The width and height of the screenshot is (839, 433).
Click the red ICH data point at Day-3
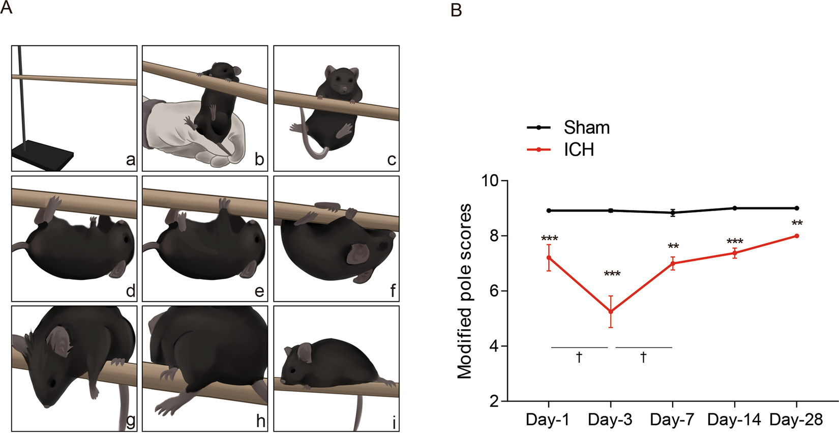coord(611,311)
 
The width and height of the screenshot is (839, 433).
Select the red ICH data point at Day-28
coord(796,236)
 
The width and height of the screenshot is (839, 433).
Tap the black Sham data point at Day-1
coord(549,210)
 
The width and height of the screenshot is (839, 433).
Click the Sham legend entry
coord(586,127)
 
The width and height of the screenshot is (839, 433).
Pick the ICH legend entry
coord(579,150)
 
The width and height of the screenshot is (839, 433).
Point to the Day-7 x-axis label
coord(672,420)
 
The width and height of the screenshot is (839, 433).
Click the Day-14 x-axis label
coord(734,420)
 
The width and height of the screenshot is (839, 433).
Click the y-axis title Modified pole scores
coord(464,291)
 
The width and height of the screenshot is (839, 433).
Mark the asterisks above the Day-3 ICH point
coord(612,275)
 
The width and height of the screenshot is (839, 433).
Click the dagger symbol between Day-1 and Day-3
coord(579,358)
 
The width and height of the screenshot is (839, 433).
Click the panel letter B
coord(456,10)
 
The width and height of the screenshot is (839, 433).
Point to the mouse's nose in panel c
coord(344,90)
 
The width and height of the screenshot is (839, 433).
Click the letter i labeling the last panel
coord(394,422)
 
